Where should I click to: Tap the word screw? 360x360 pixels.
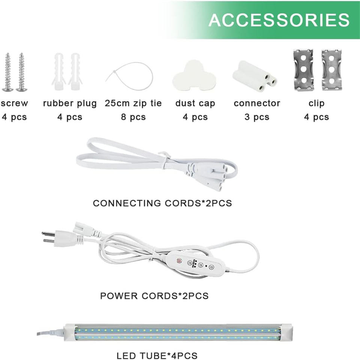(x=14, y=103)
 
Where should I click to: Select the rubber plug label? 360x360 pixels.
(x=70, y=103)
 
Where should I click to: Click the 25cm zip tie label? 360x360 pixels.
(x=133, y=103)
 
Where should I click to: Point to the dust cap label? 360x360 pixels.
(x=195, y=103)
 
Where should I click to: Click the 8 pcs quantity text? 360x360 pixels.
(x=133, y=117)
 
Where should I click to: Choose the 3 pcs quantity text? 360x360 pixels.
(x=257, y=117)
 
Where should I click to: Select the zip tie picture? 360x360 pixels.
(x=130, y=75)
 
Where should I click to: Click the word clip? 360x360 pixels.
(x=316, y=103)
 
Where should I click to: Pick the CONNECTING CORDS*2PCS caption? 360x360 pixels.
(x=162, y=203)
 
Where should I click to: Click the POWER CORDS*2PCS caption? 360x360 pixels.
(x=154, y=295)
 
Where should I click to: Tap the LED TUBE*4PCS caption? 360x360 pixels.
(x=157, y=355)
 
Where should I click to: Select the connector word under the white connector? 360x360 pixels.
(x=257, y=103)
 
